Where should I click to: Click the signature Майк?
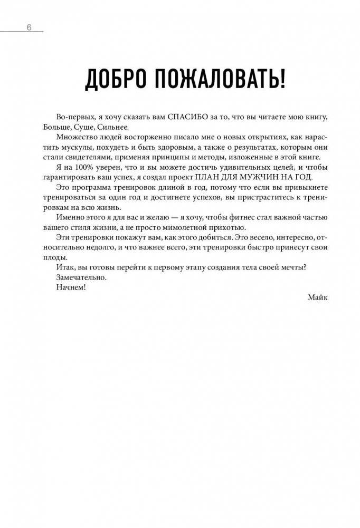pyautogui.click(x=317, y=297)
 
